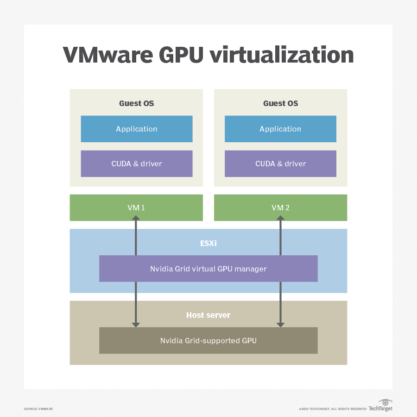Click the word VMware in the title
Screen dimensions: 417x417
[x=107, y=55]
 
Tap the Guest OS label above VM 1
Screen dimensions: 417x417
[x=136, y=103]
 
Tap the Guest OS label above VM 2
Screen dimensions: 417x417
[x=280, y=103]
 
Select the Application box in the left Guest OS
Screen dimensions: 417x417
[x=136, y=129]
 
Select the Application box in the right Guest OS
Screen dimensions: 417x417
[x=280, y=129]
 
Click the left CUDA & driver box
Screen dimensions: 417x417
[x=136, y=164]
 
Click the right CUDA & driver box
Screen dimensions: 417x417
[x=280, y=164]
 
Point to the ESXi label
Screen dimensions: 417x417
[x=208, y=242]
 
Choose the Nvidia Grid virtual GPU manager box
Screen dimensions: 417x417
[x=208, y=269]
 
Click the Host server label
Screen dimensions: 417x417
[x=208, y=315]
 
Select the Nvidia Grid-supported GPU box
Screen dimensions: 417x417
[x=208, y=341]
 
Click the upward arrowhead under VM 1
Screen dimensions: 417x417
[x=136, y=218]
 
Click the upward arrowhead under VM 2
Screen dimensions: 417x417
[x=280, y=218]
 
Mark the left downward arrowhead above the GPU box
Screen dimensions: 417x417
[x=136, y=324]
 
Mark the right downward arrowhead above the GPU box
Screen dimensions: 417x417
[x=280, y=324]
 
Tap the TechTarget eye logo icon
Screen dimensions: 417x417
[x=385, y=402]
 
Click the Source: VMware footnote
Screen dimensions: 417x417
[x=38, y=409]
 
